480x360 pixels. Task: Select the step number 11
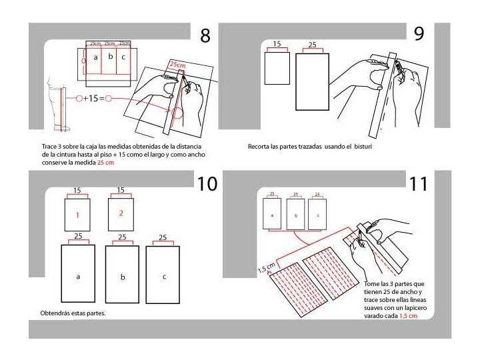(418, 184)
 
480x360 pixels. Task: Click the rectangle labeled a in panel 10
(79, 275)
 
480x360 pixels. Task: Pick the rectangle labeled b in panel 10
(122, 275)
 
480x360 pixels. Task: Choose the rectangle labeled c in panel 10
(164, 275)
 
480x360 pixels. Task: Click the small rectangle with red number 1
(77, 215)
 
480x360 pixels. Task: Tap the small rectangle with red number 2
(121, 213)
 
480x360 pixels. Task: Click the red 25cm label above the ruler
(177, 65)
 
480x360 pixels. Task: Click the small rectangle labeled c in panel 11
(317, 215)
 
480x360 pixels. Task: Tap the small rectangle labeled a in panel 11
(272, 215)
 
